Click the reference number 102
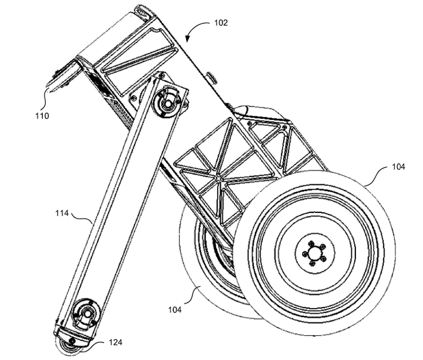221,23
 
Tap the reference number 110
42,117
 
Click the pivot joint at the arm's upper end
168,103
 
